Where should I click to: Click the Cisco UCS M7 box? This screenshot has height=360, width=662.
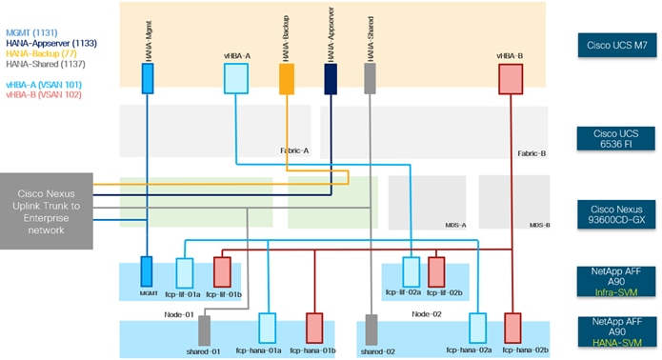point(615,46)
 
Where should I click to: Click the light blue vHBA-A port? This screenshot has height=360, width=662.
point(235,79)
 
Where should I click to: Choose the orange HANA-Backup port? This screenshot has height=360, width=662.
point(286,79)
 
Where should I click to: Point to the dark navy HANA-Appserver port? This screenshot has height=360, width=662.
point(331,79)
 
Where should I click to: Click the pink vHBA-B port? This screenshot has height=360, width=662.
point(512,81)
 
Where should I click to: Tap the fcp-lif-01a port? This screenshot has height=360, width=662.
point(184,271)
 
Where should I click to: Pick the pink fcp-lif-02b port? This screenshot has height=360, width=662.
point(436,271)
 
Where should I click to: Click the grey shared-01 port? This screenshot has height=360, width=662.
point(203,330)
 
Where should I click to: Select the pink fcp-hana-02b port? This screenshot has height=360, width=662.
point(512,328)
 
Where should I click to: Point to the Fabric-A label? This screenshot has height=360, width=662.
point(292,150)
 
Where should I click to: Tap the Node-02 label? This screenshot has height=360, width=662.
point(428,313)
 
